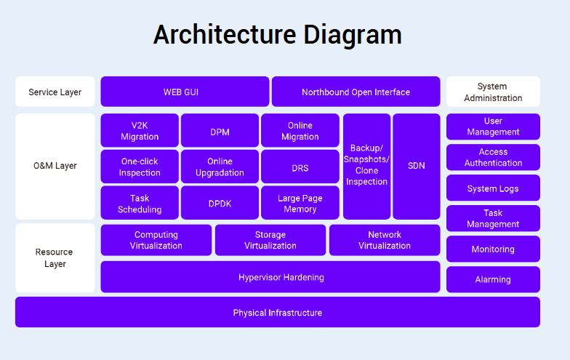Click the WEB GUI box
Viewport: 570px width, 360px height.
pyautogui.click(x=185, y=92)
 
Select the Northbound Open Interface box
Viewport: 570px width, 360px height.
pyautogui.click(x=356, y=92)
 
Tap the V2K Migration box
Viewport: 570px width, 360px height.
pyautogui.click(x=140, y=130)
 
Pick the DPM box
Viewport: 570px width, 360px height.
pyautogui.click(x=220, y=130)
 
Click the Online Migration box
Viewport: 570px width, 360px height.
pyautogui.click(x=300, y=130)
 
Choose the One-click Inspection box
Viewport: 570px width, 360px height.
pyautogui.click(x=140, y=167)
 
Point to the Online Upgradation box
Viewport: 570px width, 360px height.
pyautogui.click(x=220, y=167)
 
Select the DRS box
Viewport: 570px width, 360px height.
pyautogui.click(x=300, y=167)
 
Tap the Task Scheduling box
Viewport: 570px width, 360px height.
pyautogui.click(x=140, y=203)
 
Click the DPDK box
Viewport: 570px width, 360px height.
pyautogui.click(x=220, y=203)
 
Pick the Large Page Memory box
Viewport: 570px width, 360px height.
pyautogui.click(x=300, y=203)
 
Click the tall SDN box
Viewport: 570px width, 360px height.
pyautogui.click(x=417, y=166)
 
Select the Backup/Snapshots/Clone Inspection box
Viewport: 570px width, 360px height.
pyautogui.click(x=366, y=166)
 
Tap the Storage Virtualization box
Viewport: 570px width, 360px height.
pyautogui.click(x=270, y=240)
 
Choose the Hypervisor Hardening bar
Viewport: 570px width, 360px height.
pyautogui.click(x=270, y=277)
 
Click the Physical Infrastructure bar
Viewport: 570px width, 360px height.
pyautogui.click(x=277, y=312)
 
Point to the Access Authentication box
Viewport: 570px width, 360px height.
pyautogui.click(x=493, y=157)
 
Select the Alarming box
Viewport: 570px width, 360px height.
pyautogui.click(x=493, y=279)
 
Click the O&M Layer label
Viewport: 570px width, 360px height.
pyautogui.click(x=55, y=166)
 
